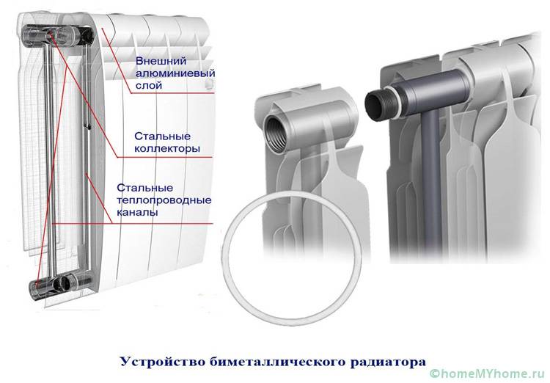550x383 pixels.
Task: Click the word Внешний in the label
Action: coord(161,61)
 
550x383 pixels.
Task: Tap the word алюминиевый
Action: coord(175,73)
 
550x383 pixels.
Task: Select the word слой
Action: coord(149,85)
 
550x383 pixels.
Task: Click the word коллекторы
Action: coord(167,148)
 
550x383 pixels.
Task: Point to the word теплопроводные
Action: coord(164,200)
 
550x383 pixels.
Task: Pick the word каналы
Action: coord(137,212)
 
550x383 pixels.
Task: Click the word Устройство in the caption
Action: coord(163,362)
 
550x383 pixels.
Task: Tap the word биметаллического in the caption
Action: coord(279,362)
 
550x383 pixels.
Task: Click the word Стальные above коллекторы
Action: coord(162,136)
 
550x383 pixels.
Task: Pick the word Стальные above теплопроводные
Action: coord(145,188)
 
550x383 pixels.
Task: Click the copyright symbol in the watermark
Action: coord(435,374)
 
